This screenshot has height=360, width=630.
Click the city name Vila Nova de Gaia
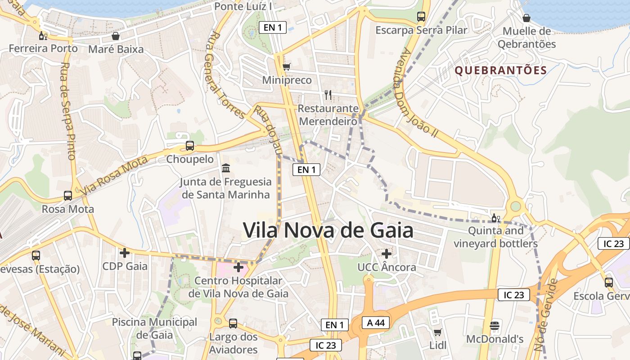tap(328, 230)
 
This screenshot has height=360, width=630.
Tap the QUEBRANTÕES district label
tap(500, 70)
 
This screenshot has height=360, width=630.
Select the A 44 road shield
tap(375, 323)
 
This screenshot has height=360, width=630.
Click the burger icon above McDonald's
tap(495, 325)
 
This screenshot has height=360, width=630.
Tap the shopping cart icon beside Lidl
tap(437, 333)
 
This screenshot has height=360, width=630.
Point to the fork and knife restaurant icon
tap(328, 95)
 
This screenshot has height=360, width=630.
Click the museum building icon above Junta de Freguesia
tap(226, 168)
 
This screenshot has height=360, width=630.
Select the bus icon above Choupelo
tap(190, 146)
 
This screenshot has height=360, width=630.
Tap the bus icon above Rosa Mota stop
tap(68, 196)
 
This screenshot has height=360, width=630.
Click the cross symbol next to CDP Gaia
tap(125, 253)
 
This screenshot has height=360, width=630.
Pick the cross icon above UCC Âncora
tap(386, 254)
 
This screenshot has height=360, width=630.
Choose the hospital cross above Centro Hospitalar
tap(238, 268)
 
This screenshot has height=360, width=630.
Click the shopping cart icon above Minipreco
tap(287, 67)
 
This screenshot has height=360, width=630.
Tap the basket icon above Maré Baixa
tap(116, 36)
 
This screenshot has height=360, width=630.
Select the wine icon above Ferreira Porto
tap(43, 36)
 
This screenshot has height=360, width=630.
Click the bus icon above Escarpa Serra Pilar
tap(421, 17)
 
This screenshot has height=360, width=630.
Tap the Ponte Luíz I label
tap(243, 6)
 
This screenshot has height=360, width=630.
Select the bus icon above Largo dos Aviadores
tap(233, 323)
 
